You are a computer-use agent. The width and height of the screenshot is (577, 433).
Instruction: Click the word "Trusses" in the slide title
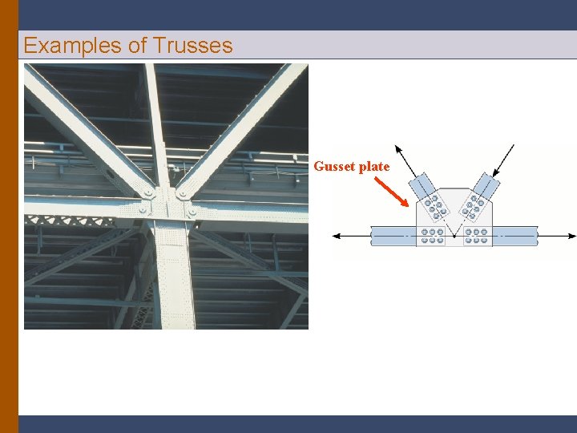(x=192, y=46)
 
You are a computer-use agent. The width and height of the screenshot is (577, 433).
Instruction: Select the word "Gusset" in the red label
(x=335, y=167)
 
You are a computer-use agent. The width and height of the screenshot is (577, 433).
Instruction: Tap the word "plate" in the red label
(x=374, y=167)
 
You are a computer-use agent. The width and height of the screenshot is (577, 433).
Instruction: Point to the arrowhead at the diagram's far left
(x=337, y=236)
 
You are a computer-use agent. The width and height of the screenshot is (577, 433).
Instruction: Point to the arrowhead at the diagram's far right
(x=571, y=236)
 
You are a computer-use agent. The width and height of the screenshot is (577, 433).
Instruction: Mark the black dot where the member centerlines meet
(x=455, y=237)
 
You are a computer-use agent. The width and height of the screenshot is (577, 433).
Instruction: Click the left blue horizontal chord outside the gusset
(x=393, y=236)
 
